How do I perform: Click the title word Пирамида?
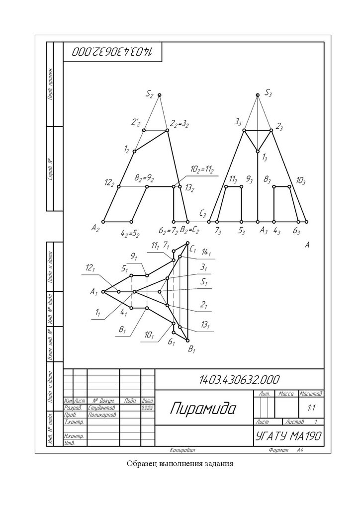(x=203, y=409)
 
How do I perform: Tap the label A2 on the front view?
(x=96, y=228)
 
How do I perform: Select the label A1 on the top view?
(x=94, y=292)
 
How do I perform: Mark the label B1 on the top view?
(x=192, y=350)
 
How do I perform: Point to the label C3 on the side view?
(x=202, y=214)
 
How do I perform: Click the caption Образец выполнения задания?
(x=180, y=464)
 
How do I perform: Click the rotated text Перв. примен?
(x=51, y=85)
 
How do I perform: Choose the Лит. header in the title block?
(x=264, y=393)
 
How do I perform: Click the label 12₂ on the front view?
(x=109, y=183)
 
